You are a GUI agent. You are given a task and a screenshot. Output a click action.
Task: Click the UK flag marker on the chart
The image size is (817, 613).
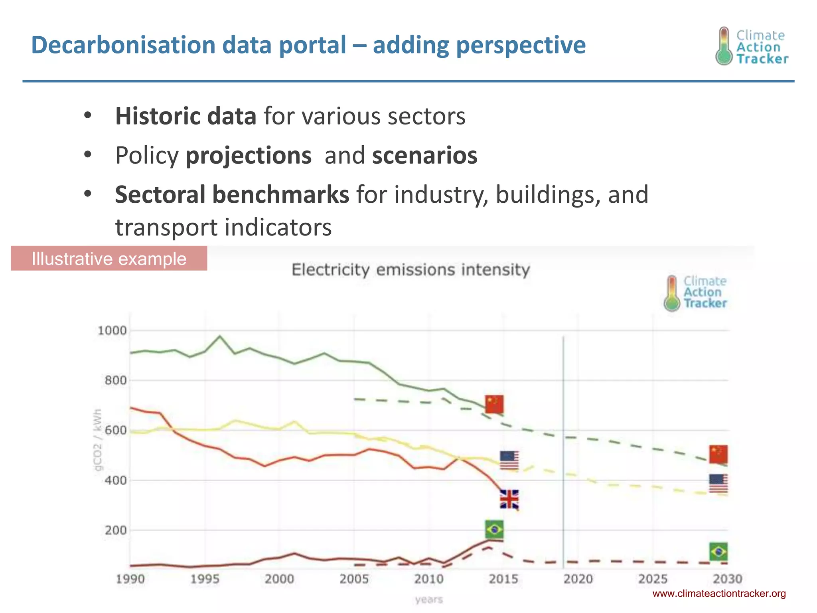509,499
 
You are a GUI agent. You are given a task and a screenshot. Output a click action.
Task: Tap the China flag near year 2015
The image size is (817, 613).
494,404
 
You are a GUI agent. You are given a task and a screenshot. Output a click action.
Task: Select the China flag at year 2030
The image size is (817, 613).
718,454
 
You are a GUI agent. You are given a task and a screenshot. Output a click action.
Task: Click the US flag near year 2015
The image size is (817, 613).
509,460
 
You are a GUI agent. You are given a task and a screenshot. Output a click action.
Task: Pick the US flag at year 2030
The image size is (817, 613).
718,483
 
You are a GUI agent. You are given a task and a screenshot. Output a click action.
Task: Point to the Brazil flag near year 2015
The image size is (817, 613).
494,530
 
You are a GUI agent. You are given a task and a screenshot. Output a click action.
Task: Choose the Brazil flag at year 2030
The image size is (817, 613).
718,552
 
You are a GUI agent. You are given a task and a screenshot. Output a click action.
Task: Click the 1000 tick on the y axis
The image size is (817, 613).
112,330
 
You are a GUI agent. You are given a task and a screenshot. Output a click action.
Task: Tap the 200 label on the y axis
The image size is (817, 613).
115,530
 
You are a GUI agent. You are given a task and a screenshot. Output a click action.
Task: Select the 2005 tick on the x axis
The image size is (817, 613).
354,579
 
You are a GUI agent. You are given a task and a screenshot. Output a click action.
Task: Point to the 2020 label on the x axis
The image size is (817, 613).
578,579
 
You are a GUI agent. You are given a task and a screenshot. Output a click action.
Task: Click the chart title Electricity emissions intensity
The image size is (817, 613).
410,270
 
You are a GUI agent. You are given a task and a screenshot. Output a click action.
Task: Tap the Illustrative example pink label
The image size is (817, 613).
109,259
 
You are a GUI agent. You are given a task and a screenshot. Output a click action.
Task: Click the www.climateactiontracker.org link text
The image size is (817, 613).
719,593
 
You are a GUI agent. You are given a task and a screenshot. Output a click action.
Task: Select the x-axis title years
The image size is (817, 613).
429,599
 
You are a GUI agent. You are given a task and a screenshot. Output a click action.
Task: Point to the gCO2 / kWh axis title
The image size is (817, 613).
98,439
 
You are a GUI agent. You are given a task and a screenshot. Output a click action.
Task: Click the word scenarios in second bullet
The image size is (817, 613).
424,155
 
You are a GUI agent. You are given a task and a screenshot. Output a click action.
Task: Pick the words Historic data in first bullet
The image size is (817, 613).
186,116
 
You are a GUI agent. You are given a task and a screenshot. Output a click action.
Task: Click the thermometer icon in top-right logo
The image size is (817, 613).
724,46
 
